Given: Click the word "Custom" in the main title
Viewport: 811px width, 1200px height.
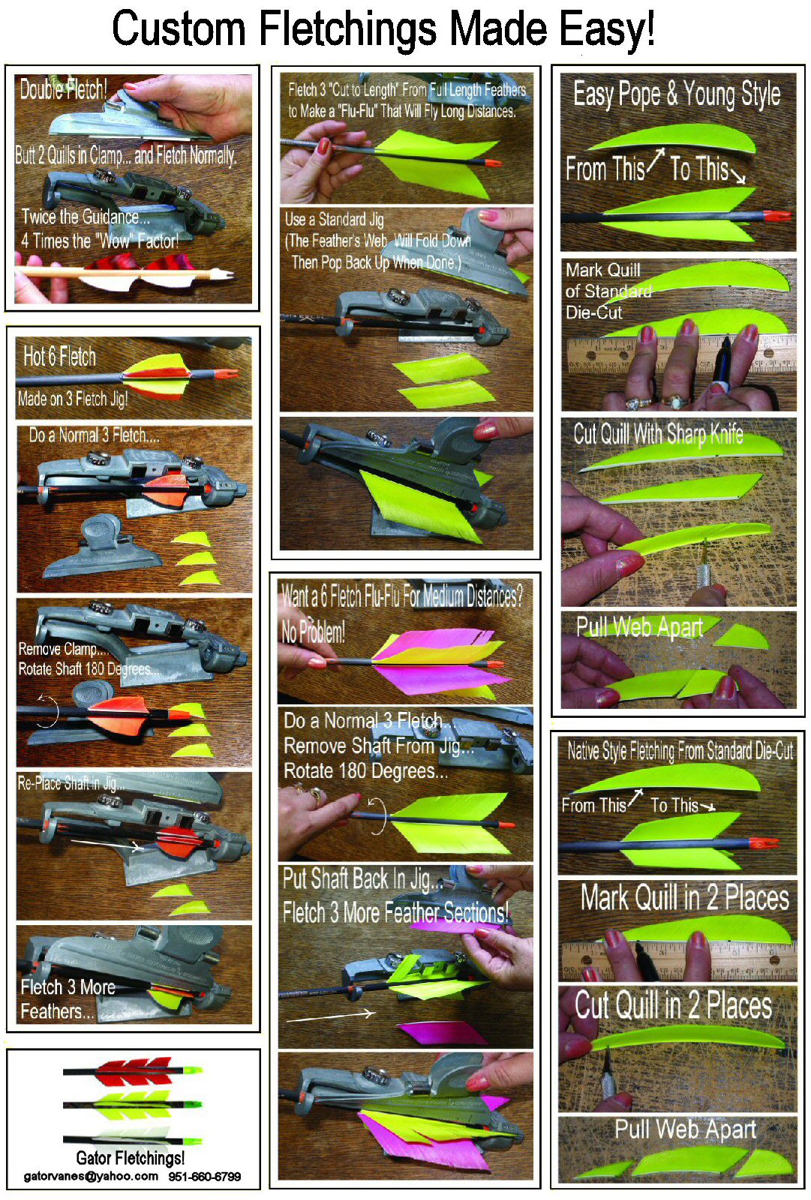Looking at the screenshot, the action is click(179, 29).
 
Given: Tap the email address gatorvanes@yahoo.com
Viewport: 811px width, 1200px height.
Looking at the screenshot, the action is click(91, 1176).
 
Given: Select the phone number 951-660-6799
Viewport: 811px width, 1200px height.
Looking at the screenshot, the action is click(205, 1177).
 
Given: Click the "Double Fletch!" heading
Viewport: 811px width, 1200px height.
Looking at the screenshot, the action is click(63, 89).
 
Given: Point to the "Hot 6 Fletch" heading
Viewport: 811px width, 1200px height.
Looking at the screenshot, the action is click(59, 356).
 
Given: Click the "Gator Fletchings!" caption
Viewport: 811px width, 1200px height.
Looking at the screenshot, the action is click(130, 1158).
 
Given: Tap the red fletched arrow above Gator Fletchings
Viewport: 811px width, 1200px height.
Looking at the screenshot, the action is click(133, 1070).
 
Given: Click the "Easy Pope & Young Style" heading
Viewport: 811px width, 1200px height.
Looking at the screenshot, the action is click(677, 95).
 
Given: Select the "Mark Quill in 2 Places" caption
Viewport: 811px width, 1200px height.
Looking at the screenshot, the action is click(685, 897).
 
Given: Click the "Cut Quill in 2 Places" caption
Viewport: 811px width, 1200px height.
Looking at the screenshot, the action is click(674, 1005).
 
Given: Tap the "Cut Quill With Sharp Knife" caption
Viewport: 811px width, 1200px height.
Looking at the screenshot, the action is click(658, 434).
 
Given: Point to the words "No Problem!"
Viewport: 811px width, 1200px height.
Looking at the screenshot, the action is click(314, 632).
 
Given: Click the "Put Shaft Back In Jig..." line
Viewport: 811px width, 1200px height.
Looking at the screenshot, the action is click(362, 879).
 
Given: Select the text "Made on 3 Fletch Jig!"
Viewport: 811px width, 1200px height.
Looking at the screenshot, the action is click(73, 399).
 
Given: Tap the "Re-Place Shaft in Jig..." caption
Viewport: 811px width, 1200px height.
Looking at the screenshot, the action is click(71, 784).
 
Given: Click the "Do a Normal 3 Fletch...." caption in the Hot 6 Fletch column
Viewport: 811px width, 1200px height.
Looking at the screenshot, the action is click(95, 436).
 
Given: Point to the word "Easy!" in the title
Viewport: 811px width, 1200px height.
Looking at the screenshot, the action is click(607, 29).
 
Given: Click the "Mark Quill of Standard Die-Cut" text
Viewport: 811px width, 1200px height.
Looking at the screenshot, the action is click(608, 291).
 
